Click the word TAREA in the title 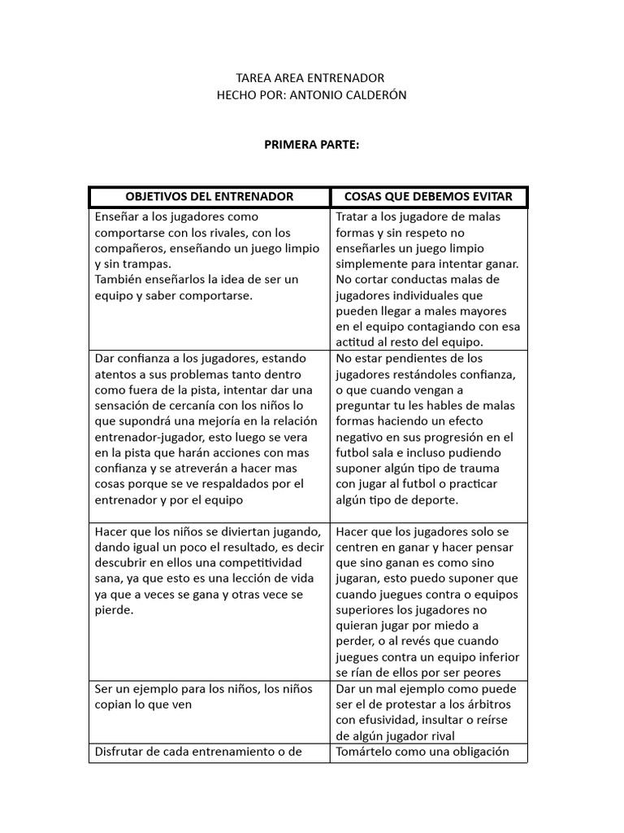pos(253,78)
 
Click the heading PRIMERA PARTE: pos(311,144)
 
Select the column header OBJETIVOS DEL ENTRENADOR pos(209,197)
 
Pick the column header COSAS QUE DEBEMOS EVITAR pos(428,197)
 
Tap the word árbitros pos(492,704)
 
